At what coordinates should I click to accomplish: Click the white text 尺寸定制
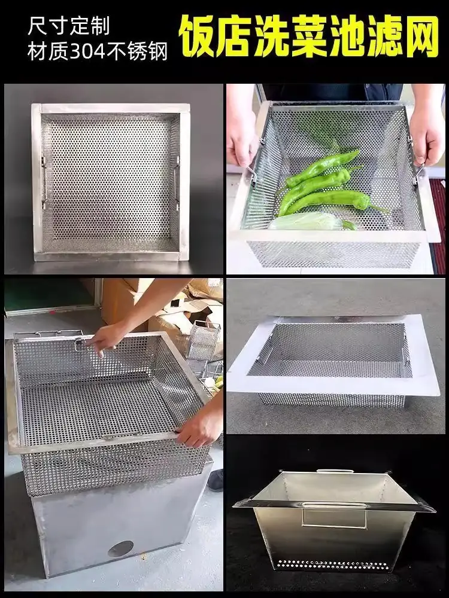(69, 26)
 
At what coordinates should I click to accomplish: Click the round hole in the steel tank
(120, 549)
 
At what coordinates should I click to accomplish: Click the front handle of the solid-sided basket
(334, 515)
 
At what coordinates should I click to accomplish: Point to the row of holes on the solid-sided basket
(332, 565)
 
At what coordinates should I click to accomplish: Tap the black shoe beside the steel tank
(217, 480)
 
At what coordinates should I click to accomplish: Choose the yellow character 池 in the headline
(346, 36)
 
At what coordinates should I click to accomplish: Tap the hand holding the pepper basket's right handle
(427, 133)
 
